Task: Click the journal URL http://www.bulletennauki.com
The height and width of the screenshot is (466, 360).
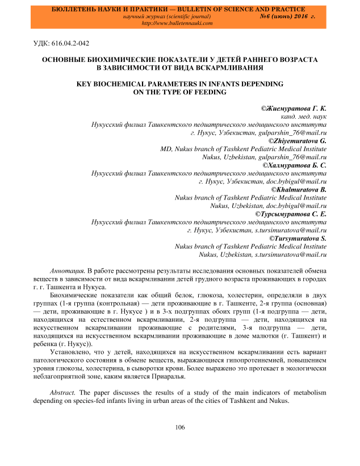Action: (x=176, y=24)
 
